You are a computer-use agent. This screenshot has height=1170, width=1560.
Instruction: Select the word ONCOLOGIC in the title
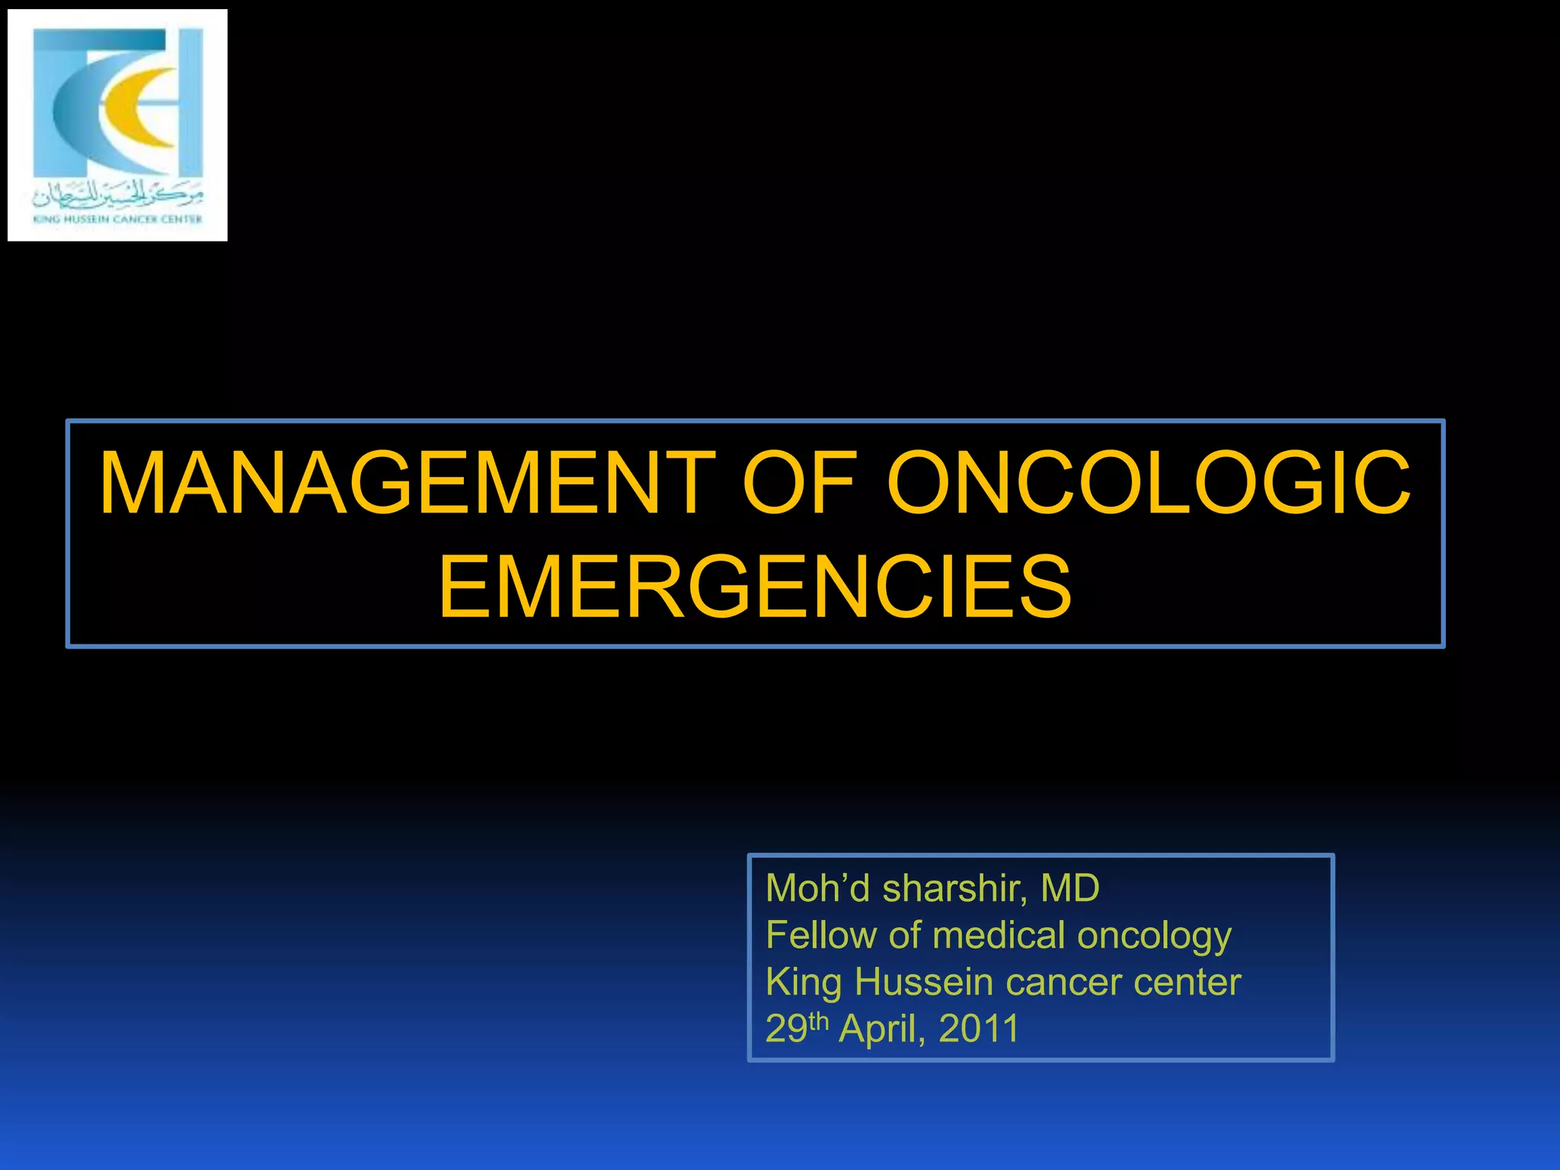pos(1149,483)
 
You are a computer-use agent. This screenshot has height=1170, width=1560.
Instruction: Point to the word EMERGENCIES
pos(755,587)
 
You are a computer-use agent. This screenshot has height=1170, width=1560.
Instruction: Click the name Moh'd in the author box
pos(817,888)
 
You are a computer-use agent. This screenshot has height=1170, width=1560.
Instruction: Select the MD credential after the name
pos(1069,888)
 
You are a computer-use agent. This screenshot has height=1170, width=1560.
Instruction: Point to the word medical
pos(999,935)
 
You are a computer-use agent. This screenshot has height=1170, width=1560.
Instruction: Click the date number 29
pos(786,1029)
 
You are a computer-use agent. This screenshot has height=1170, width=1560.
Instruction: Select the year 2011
pos(979,1029)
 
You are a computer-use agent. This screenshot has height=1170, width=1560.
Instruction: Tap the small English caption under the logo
pos(117,219)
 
